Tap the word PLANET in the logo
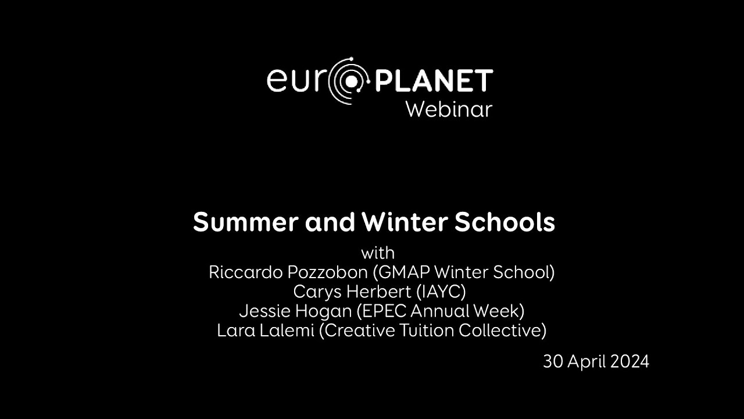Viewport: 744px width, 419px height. (434, 81)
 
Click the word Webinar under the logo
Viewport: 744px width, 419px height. (449, 109)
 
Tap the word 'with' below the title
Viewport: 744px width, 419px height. (378, 253)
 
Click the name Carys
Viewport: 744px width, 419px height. (314, 292)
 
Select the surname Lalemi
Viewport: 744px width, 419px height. (287, 330)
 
